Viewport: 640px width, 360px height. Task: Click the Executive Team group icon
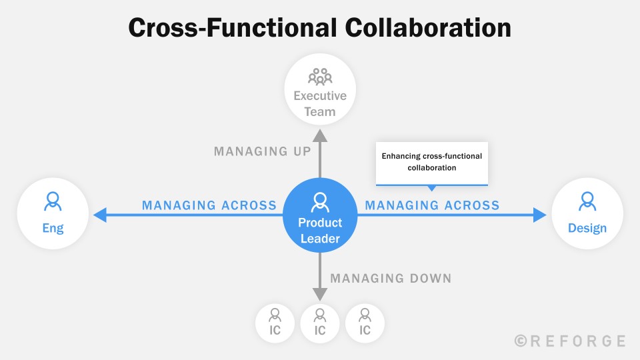click(320, 76)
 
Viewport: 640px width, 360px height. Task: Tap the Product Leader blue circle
click(320, 215)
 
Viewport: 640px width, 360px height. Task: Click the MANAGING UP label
click(263, 151)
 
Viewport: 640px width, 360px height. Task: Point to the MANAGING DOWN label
click(391, 278)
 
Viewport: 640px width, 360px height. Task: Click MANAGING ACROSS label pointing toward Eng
click(209, 205)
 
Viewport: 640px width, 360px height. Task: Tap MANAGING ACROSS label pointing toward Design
click(432, 205)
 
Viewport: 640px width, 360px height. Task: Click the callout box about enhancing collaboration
click(432, 163)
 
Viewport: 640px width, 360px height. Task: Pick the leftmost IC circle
click(275, 323)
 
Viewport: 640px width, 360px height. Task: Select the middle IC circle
click(320, 323)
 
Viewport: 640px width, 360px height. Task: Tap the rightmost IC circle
click(365, 323)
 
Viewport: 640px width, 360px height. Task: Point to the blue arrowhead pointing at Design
click(539, 215)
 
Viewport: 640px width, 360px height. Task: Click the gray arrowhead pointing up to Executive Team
click(320, 135)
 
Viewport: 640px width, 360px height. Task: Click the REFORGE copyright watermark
click(570, 341)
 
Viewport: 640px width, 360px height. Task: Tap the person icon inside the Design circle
click(587, 201)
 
